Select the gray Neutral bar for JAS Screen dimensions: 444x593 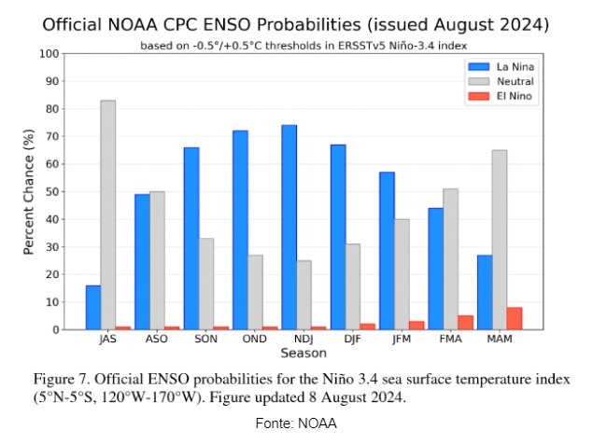pyautogui.click(x=108, y=215)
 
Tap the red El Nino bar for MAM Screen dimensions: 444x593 pyautogui.click(x=514, y=318)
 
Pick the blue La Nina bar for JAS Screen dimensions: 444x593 pyautogui.click(x=93, y=307)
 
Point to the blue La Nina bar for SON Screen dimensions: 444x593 pyautogui.click(x=191, y=238)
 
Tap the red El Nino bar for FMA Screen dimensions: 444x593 pyautogui.click(x=465, y=322)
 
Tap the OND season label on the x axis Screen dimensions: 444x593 pyautogui.click(x=247, y=340)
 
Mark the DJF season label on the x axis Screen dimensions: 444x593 pyautogui.click(x=345, y=340)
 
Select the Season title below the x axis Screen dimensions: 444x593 pyautogui.click(x=304, y=354)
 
